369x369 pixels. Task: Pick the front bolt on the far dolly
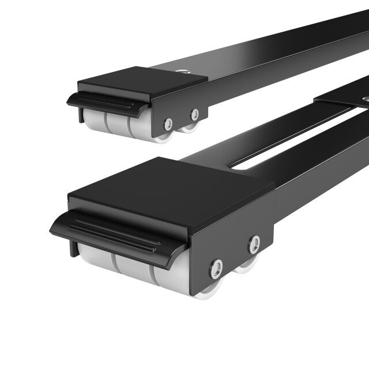(x=168, y=124)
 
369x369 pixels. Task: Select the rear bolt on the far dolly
(x=195, y=114)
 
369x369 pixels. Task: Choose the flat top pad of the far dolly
(x=144, y=81)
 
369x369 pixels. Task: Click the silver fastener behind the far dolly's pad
(x=183, y=73)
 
